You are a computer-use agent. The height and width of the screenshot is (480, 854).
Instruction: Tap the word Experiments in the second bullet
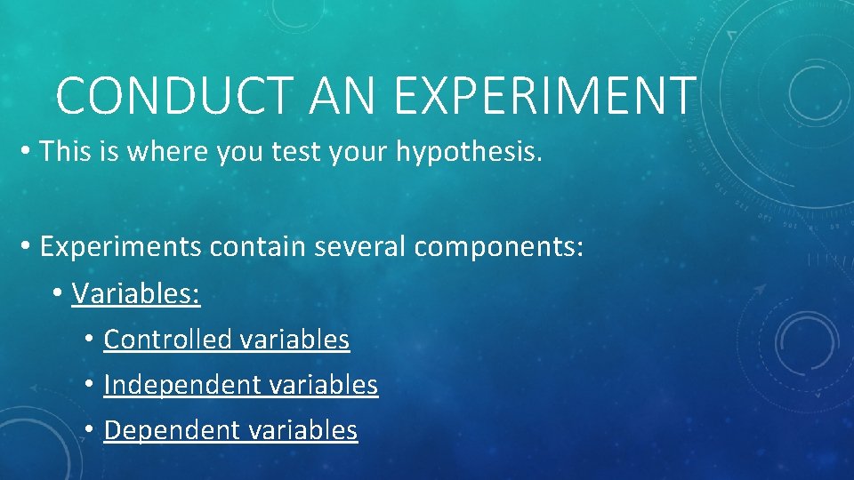(x=121, y=247)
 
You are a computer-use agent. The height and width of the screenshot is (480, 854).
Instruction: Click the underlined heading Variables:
(x=136, y=293)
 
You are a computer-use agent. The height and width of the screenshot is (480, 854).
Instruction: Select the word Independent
(x=176, y=385)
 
